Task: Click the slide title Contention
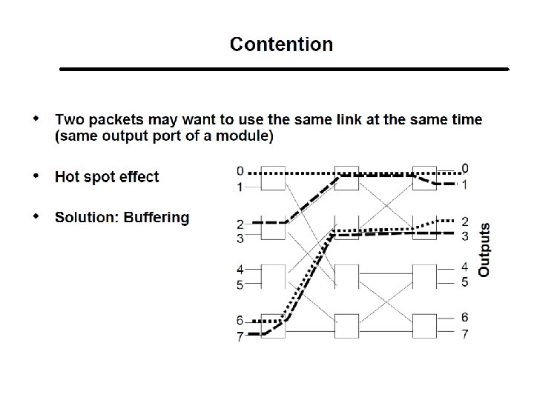coord(281,44)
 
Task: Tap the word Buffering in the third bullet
coord(156,217)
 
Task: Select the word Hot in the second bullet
coord(69,176)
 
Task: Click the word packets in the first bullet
coord(121,119)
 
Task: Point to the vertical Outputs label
coord(484,250)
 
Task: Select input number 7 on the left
coord(239,337)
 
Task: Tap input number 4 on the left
coord(239,270)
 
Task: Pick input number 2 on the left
coord(239,224)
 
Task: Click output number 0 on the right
coord(464,168)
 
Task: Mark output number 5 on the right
coord(464,282)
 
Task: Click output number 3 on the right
coord(464,236)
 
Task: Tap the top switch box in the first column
coord(274,179)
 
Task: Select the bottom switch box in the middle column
coord(347,326)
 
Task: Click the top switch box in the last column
coord(425,179)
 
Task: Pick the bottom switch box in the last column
coord(425,326)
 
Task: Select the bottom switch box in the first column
coord(274,326)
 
